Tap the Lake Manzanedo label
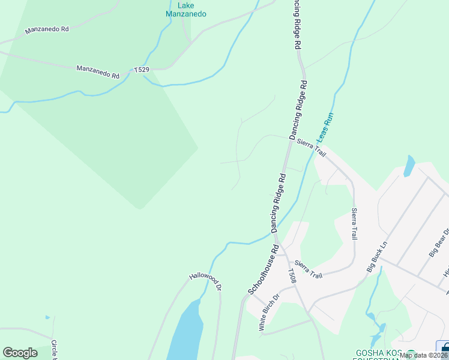[186, 10]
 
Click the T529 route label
[142, 70]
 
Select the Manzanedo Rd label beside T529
[98, 72]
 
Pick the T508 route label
[292, 275]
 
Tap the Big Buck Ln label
[378, 256]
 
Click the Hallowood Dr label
[205, 283]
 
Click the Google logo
[20, 353]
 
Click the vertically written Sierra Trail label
[354, 224]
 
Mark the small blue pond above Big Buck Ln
[409, 166]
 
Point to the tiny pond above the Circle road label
[47, 317]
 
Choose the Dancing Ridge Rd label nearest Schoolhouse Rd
[278, 203]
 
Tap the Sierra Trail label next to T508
[309, 270]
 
